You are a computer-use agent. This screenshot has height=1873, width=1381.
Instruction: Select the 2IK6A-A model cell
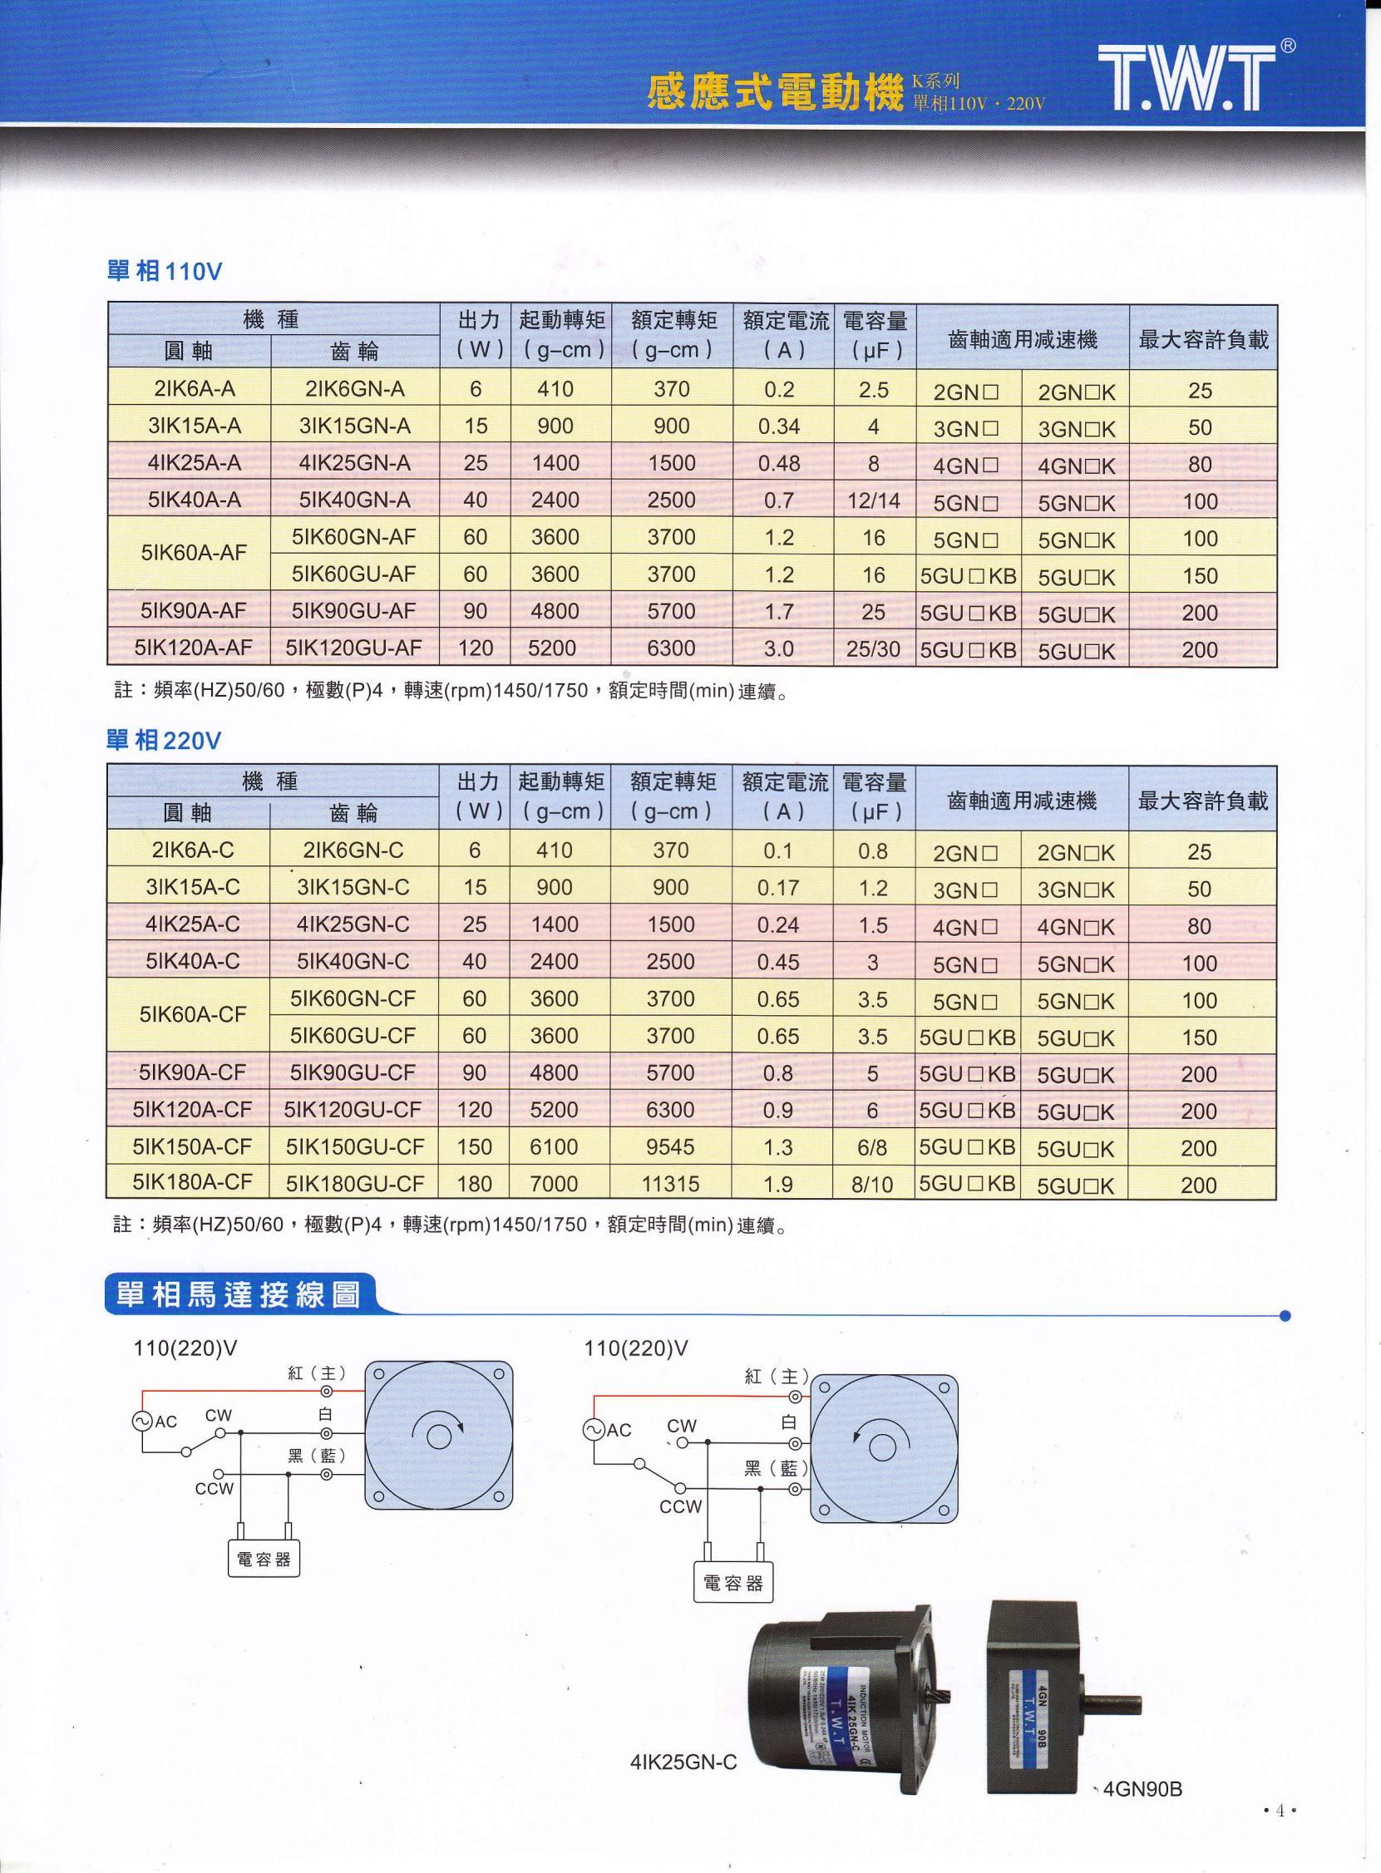(189, 388)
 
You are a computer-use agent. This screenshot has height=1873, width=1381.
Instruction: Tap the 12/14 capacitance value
(873, 500)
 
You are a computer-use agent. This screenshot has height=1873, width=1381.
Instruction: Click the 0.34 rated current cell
(779, 426)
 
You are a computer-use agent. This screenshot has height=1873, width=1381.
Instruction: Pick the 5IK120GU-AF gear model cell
(353, 648)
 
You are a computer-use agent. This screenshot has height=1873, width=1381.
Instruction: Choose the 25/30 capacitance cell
(873, 648)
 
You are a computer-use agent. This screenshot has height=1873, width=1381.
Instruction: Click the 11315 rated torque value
(670, 1184)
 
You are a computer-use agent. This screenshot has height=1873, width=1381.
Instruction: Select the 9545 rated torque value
(670, 1146)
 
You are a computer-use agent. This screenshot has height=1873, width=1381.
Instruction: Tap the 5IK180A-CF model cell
(191, 1183)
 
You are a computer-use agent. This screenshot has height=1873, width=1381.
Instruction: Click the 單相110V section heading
(165, 273)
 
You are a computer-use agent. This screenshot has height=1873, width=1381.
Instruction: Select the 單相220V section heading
(164, 741)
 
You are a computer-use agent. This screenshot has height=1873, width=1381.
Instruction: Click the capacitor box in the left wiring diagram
(264, 1559)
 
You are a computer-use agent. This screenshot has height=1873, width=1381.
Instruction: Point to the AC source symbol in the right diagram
(594, 1430)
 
